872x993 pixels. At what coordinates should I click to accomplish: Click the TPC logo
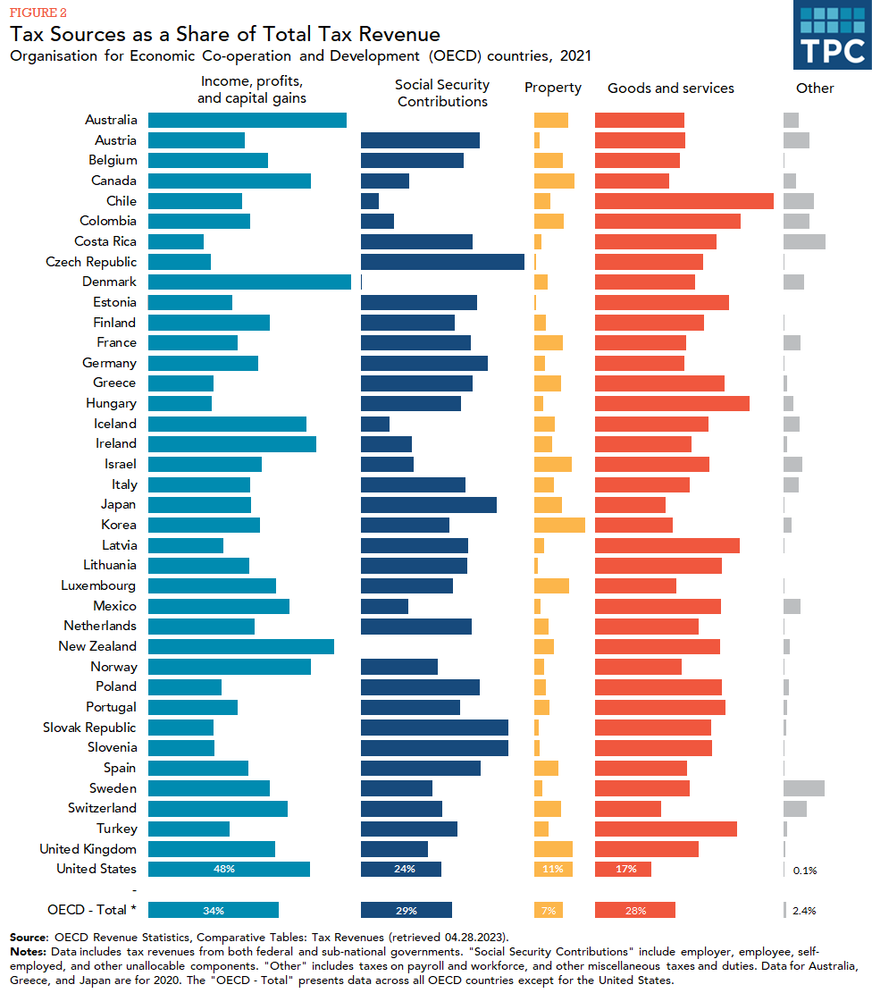click(832, 35)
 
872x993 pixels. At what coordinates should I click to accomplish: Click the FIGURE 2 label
click(37, 13)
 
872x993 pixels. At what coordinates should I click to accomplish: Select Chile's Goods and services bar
click(683, 201)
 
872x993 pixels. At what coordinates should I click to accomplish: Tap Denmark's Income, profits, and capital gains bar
click(249, 282)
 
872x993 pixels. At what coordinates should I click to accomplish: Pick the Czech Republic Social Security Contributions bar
click(442, 262)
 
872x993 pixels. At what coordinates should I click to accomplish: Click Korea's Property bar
click(559, 525)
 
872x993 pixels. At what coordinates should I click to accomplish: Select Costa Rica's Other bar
click(804, 241)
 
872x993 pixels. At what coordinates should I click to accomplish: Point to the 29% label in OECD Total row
click(406, 910)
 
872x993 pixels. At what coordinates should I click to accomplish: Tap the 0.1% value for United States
click(805, 870)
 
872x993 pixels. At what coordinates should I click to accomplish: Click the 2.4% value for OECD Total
click(805, 910)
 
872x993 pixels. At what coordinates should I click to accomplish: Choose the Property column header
click(553, 88)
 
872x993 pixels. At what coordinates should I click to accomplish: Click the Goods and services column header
click(671, 88)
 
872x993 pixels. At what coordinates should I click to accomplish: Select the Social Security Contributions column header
click(442, 93)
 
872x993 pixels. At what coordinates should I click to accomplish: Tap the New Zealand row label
click(97, 646)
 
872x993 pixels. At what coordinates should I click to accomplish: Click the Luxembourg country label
click(98, 585)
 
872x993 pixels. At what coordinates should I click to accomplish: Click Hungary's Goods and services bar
click(672, 403)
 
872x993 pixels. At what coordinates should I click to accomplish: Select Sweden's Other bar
click(804, 788)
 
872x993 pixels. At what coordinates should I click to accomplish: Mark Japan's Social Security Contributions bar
click(429, 504)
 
